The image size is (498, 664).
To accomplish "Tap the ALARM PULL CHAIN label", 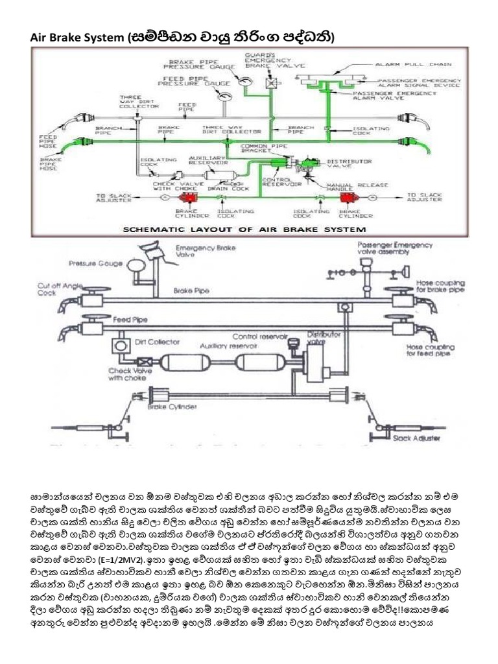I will tap(422, 65).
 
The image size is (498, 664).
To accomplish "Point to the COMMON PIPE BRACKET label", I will tap(259, 150).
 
